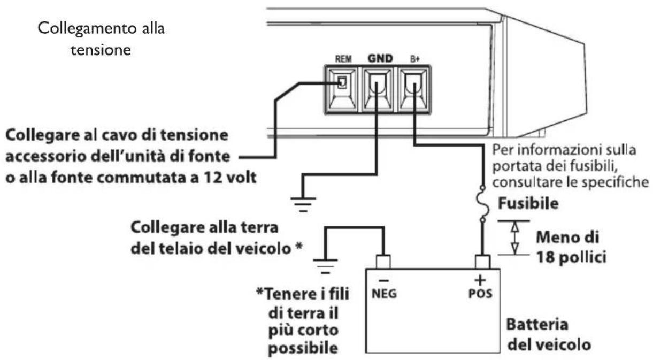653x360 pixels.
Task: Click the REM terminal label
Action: (343, 59)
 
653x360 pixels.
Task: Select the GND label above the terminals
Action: (380, 59)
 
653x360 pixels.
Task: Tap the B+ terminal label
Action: (415, 59)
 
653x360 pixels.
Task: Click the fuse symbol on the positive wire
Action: (482, 203)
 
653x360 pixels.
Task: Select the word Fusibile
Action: (528, 203)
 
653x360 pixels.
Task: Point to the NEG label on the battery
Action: (384, 294)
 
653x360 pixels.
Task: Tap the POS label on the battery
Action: (480, 294)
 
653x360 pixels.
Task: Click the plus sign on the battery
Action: (480, 280)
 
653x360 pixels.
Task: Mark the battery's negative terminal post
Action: (383, 262)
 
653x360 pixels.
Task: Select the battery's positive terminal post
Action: (482, 262)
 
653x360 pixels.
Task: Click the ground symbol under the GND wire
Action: (303, 204)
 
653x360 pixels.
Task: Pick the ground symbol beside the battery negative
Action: (325, 266)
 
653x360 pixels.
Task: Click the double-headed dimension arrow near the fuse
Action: (515, 238)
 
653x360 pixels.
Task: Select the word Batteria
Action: (537, 325)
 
